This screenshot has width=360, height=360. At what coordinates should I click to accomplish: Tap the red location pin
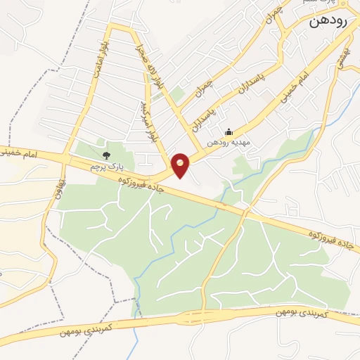click(x=181, y=165)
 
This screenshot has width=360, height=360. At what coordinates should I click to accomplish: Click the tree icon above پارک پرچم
click(x=107, y=155)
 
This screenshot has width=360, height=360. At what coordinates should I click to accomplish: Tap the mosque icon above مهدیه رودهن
click(x=228, y=131)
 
